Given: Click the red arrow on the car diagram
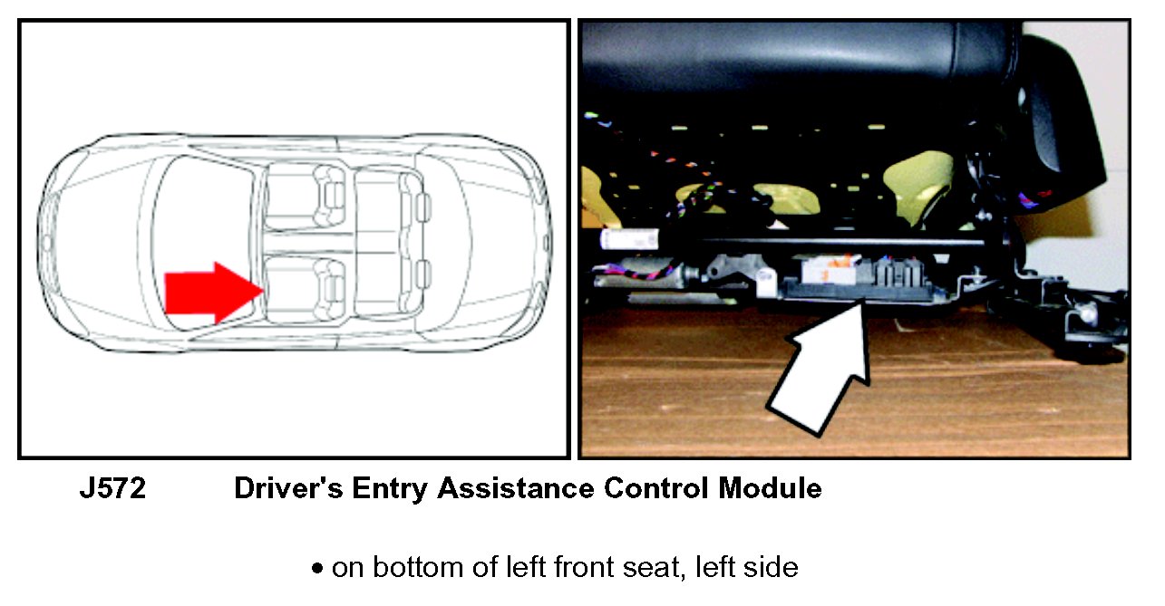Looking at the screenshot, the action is (x=213, y=293).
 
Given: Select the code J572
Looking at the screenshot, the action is (x=112, y=488).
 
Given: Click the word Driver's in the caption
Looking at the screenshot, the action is (x=288, y=488).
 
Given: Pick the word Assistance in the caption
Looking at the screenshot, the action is (x=516, y=488).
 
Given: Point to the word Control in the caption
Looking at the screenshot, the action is (x=656, y=488).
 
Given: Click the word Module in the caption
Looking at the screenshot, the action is (x=771, y=488).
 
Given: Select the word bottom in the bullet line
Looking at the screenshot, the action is (x=418, y=567).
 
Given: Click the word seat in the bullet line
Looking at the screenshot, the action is (x=652, y=568).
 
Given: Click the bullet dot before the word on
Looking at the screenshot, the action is (x=316, y=568).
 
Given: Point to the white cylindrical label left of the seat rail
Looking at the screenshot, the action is (x=629, y=240).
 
